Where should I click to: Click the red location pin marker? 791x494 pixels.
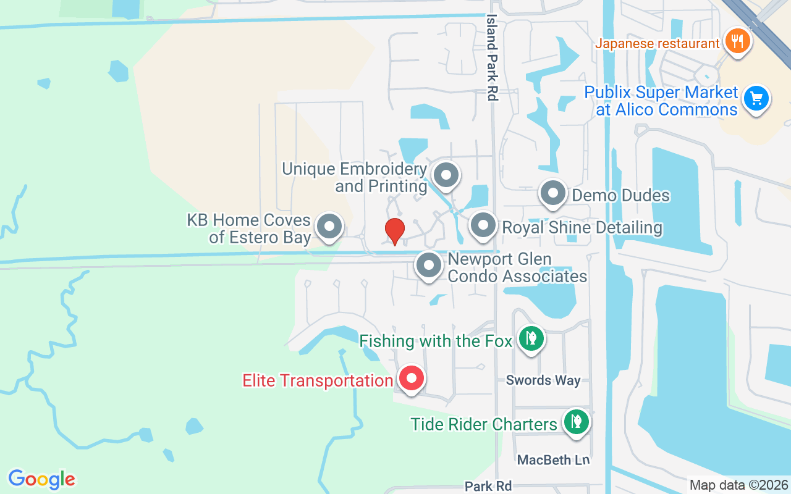coord(394,230)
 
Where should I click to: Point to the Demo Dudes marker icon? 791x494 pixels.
coord(553,194)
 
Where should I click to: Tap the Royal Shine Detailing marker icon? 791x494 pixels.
coord(483,226)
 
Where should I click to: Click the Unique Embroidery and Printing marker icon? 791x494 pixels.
coord(446,175)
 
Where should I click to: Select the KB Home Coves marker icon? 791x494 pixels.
coord(329,227)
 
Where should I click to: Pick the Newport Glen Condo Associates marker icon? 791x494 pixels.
coord(429,266)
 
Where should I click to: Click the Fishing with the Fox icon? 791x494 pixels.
coord(530,338)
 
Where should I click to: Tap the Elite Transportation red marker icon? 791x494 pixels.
coord(411,378)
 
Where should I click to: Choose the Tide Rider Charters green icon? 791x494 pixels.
coord(576,422)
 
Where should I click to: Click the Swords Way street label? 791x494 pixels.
coord(543,380)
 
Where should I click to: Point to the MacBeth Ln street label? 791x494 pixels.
coord(553,459)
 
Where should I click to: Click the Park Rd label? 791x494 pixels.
coord(488,486)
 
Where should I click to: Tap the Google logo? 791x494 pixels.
coord(42,479)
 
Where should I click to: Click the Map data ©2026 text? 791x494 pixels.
coord(738,485)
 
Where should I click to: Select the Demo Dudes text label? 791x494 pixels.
coord(620,196)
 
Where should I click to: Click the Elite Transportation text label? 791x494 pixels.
coord(318,380)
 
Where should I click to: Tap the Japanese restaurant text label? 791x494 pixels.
coord(658,44)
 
